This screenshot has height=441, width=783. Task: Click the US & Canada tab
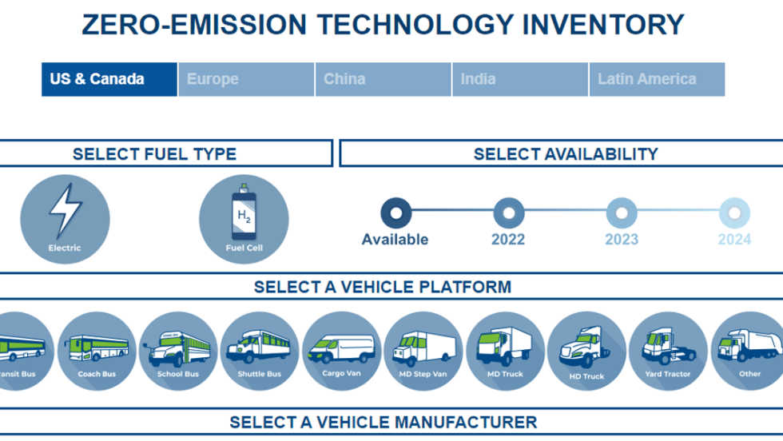click(109, 79)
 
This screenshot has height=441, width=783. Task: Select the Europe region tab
click(246, 79)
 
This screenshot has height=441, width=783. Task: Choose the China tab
click(383, 79)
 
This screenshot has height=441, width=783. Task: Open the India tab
click(520, 79)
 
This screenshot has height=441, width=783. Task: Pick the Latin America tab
click(657, 79)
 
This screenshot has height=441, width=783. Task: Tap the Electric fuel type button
click(65, 219)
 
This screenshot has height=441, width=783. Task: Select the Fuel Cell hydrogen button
click(244, 219)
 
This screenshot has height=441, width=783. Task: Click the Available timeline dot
click(396, 213)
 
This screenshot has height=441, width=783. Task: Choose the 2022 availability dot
click(509, 213)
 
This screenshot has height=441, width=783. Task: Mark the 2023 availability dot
click(622, 213)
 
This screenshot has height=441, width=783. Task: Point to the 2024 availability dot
click(734, 213)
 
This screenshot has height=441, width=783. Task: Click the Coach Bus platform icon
click(97, 351)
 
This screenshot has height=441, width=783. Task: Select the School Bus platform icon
click(178, 351)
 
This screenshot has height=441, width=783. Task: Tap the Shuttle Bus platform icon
click(260, 351)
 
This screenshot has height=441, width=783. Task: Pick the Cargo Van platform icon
click(342, 351)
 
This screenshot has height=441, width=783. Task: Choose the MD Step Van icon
click(423, 351)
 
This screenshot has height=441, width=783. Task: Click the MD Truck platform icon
click(505, 351)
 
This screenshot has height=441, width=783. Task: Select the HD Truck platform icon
click(586, 351)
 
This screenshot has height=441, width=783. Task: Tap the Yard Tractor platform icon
click(668, 351)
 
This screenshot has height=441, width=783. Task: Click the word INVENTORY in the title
click(603, 25)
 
